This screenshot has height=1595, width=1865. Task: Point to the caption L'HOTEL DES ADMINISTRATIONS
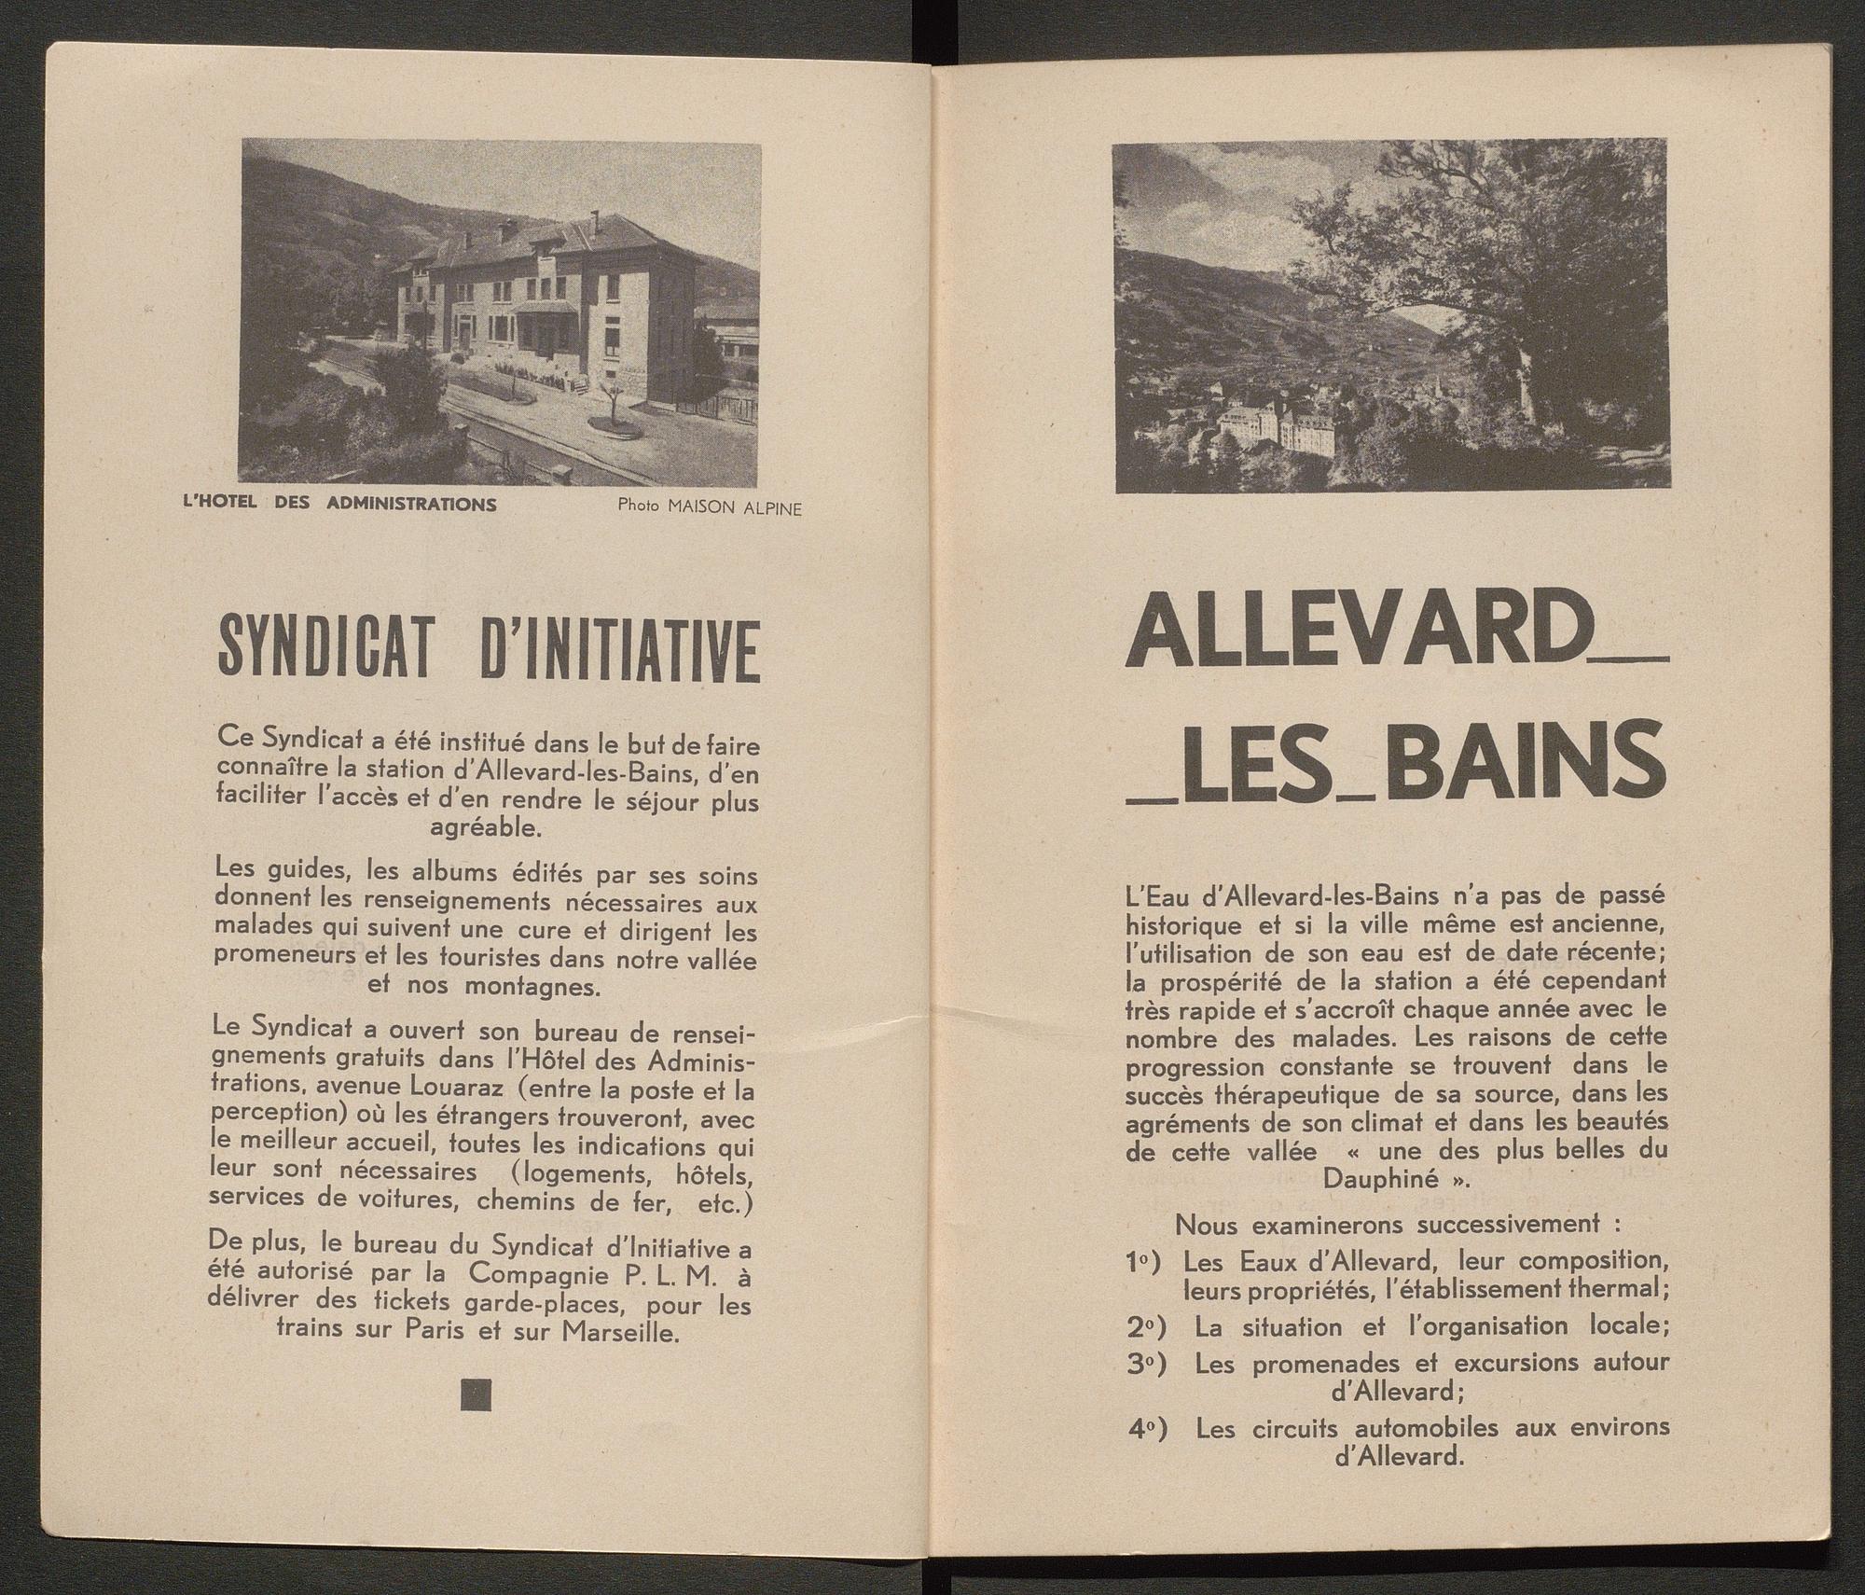[339, 505]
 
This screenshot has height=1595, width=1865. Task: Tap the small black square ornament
[476, 1395]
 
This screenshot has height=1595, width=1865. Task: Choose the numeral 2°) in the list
[1143, 1326]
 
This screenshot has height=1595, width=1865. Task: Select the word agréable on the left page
[484, 826]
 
